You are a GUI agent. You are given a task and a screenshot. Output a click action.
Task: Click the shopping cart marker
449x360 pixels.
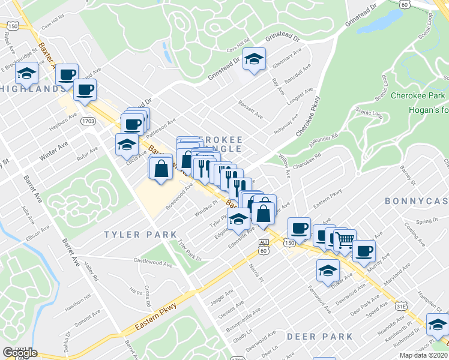click(x=345, y=241)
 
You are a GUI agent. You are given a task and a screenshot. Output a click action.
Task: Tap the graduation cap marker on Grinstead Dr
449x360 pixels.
click(x=254, y=59)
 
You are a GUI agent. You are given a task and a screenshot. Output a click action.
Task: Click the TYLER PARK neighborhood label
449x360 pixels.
click(x=140, y=235)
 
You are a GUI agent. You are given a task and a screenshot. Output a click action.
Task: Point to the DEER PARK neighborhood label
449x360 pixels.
click(x=319, y=337)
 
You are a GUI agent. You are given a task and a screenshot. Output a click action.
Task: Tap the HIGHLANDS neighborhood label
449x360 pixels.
click(x=33, y=89)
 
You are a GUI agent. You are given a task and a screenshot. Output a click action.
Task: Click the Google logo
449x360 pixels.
click(x=20, y=352)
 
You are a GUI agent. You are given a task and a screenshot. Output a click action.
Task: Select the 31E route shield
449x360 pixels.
click(x=401, y=307)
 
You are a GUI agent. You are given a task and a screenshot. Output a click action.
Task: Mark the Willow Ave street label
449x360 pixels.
click(x=285, y=166)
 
